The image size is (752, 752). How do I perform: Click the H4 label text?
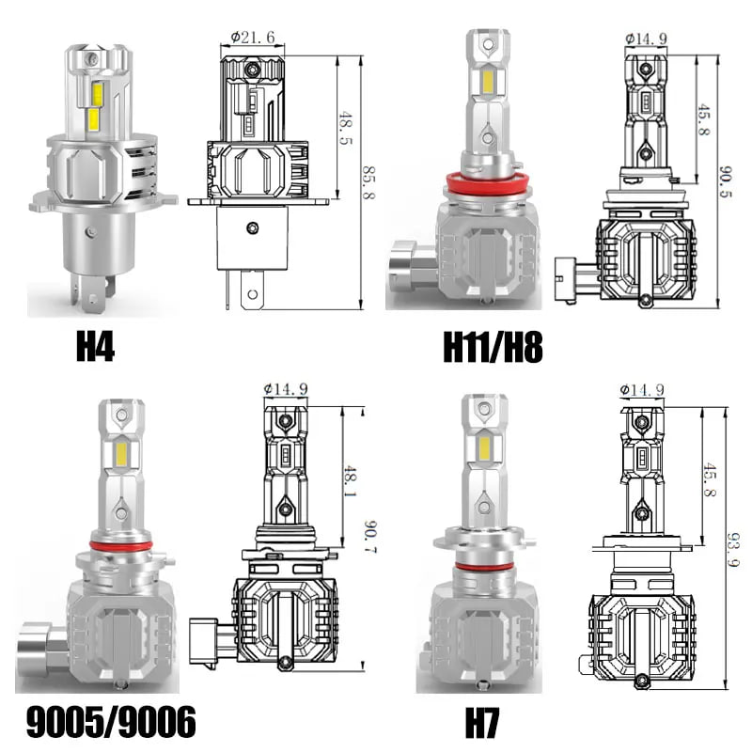[95, 348]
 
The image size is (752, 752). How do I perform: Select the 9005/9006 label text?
[107, 721]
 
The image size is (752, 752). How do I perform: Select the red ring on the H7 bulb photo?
[482, 566]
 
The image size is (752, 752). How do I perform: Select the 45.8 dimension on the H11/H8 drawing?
[704, 116]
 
